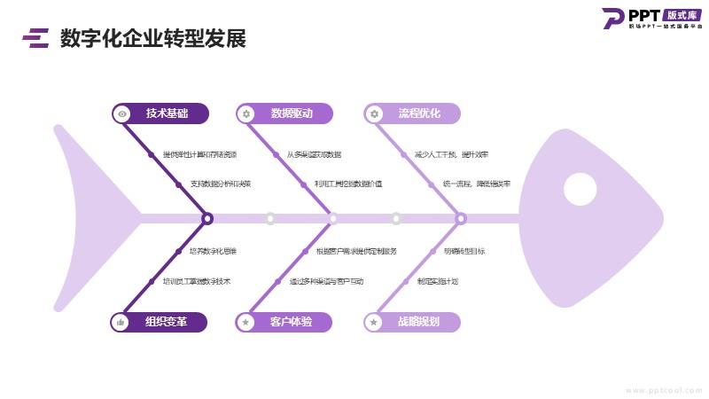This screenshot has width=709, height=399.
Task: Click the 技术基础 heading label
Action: coord(167,113)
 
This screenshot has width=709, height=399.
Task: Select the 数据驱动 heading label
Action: coord(292,113)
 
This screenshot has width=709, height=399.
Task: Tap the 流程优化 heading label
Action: coord(419,113)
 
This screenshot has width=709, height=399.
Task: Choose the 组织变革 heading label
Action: coord(166,322)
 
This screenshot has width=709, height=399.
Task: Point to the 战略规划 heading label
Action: coord(418,322)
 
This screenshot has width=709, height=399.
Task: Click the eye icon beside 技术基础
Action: coord(122,113)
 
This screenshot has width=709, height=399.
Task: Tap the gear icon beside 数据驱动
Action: coord(246,113)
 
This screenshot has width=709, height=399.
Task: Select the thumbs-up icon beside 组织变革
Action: coord(121,322)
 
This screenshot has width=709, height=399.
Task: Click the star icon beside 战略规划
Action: coord(374,322)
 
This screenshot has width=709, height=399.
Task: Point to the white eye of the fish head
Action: coord(580,188)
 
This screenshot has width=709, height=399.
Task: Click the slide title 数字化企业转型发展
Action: coord(152,39)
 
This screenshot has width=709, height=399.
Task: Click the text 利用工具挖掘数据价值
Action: coord(348,184)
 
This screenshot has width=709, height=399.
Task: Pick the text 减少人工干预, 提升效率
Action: coord(451,154)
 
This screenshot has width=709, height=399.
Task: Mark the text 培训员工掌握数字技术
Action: coord(197,281)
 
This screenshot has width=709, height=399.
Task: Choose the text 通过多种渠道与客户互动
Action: coord(326,281)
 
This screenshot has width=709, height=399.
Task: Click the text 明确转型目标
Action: coord(464,251)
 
